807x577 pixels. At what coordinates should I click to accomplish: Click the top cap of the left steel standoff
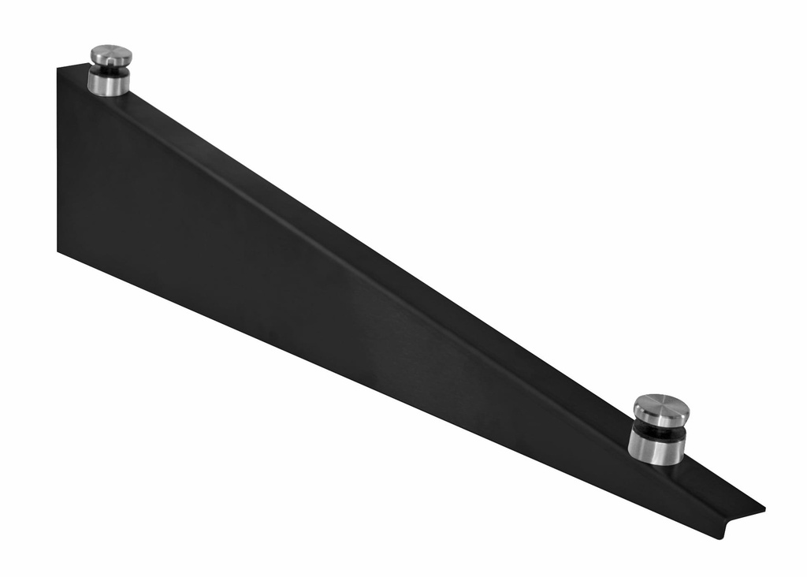coord(110,55)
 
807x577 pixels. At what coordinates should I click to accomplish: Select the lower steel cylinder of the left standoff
coord(109,83)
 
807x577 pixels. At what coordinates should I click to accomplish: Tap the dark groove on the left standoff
coord(110,69)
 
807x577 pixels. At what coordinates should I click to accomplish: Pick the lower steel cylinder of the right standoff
coord(656,449)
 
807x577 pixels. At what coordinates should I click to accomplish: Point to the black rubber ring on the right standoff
coord(658,431)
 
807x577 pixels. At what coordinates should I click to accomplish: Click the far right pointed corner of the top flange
coord(764,508)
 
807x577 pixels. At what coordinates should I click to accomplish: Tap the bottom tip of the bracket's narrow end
coord(720,538)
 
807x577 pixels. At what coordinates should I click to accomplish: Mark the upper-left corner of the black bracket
coord(58,67)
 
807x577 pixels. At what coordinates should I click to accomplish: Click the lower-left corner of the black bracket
coord(58,251)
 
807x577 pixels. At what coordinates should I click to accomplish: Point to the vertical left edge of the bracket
coord(58,158)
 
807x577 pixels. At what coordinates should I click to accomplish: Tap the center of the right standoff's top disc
coord(661,408)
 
